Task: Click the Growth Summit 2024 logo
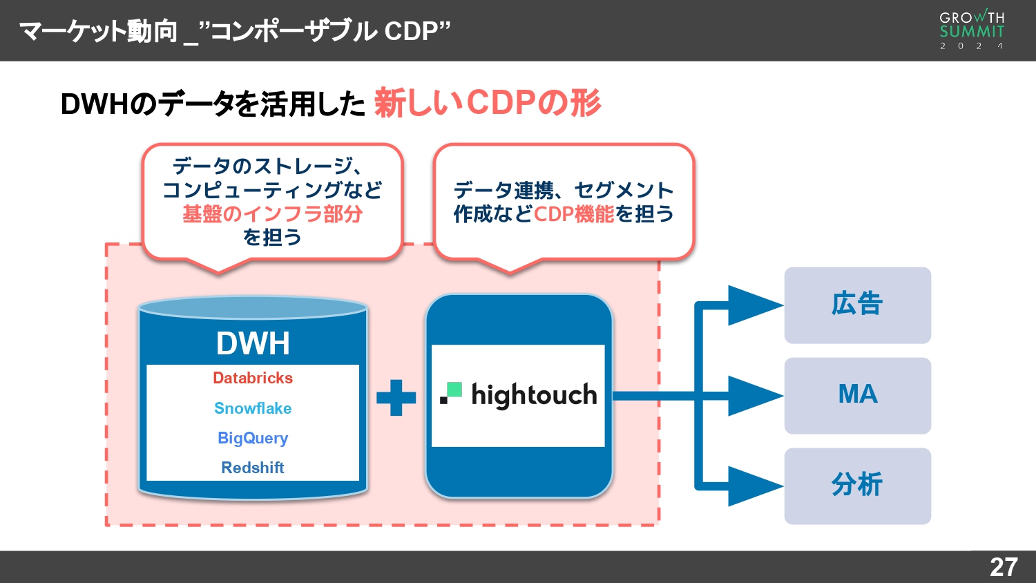[971, 30]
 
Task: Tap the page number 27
[1003, 567]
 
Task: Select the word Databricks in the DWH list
[253, 378]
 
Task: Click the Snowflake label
[253, 408]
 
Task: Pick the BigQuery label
[253, 438]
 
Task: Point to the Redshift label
[253, 468]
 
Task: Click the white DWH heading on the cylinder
[253, 343]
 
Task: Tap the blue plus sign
[396, 397]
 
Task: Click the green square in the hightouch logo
[454, 390]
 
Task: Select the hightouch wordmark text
[534, 395]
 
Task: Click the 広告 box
[857, 305]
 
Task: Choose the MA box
[857, 395]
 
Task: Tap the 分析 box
[857, 486]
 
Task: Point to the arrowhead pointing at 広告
[753, 305]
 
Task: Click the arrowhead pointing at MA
[753, 396]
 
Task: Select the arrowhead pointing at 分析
[753, 486]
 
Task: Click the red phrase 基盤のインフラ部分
[272, 214]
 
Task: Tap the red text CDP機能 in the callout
[573, 214]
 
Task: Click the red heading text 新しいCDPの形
[488, 103]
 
